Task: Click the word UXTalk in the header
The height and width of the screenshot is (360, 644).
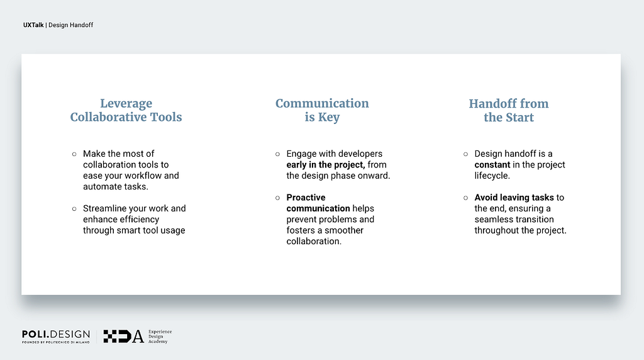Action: tap(33, 25)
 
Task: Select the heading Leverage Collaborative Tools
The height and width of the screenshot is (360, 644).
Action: tap(126, 110)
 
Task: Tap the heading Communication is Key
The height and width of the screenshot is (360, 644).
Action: tap(322, 110)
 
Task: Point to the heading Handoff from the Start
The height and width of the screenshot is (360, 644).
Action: tap(509, 110)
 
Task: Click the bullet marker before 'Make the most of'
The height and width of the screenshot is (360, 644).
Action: tap(74, 154)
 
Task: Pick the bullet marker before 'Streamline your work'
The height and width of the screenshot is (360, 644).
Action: tap(74, 209)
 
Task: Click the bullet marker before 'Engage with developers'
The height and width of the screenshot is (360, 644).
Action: tap(277, 154)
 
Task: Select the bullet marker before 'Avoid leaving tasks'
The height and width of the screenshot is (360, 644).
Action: tap(466, 198)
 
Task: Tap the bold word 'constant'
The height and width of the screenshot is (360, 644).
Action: tap(492, 165)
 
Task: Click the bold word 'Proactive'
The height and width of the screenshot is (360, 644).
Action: tap(306, 198)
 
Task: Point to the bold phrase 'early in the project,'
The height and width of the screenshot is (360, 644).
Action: tap(326, 165)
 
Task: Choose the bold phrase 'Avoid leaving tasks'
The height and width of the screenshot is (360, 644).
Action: tap(514, 198)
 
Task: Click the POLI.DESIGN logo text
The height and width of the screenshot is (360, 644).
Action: tap(56, 334)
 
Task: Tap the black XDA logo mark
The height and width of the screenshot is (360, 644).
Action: tap(124, 336)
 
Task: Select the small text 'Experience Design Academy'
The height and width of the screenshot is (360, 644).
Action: tap(160, 336)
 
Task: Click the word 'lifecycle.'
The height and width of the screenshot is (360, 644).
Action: tap(492, 176)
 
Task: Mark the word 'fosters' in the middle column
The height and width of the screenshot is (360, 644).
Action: tap(300, 230)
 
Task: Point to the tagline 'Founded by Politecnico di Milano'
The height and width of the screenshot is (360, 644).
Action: tap(56, 342)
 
